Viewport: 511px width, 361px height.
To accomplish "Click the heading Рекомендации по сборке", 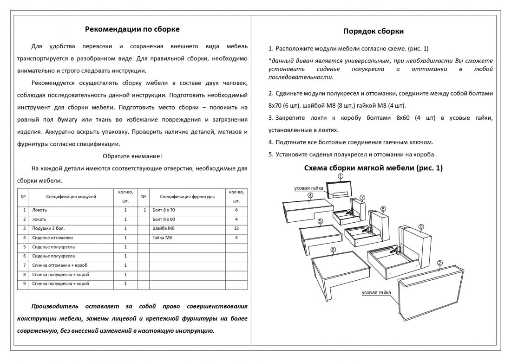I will pos(132,29).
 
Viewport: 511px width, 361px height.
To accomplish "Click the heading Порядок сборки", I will pos(373,31).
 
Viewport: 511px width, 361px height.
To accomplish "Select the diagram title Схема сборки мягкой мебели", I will pos(373,168).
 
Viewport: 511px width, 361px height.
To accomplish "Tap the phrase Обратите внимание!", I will pos(132,156).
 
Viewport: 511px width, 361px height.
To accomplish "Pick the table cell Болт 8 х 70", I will pos(164,210).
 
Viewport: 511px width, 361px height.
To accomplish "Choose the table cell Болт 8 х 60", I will pos(164,219).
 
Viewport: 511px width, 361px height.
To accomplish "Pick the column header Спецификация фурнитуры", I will pos(188,197).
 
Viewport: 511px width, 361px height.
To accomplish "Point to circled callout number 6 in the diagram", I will pos(333,250).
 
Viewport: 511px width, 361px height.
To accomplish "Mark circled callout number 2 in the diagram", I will pos(439,263).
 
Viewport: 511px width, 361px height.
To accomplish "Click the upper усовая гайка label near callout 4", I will pos(308,188).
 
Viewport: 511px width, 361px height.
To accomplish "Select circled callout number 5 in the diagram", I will pos(320,221).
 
